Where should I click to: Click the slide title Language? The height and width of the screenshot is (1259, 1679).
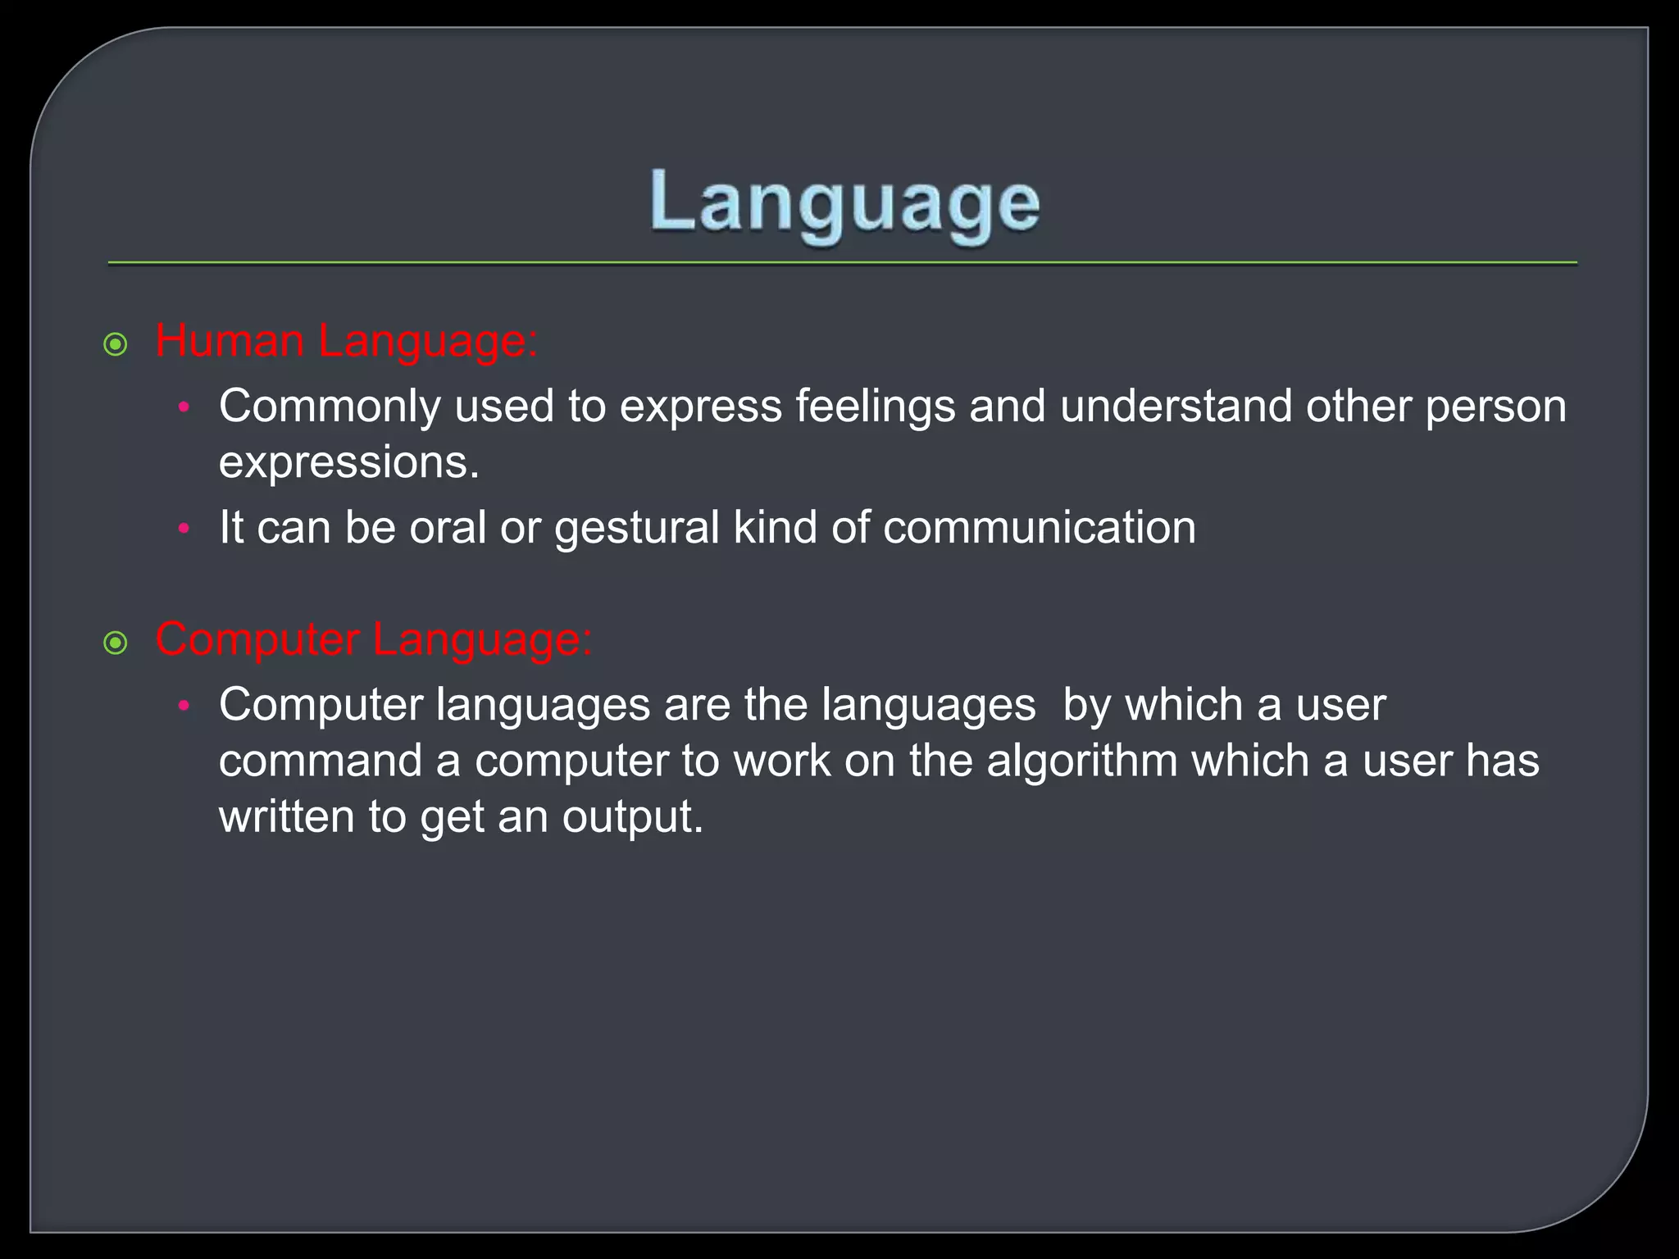coord(844,205)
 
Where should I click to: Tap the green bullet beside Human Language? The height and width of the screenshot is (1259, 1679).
coord(116,345)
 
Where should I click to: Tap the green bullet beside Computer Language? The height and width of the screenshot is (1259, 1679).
coord(116,643)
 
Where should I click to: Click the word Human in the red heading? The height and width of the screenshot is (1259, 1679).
coord(230,340)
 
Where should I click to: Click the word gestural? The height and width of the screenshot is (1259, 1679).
coord(636,528)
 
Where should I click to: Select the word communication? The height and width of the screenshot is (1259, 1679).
coord(1039,528)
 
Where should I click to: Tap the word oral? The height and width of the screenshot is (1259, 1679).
coord(448,528)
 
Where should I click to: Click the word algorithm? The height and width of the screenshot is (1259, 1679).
coord(1082,761)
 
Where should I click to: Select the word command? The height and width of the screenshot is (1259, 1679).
coord(320,761)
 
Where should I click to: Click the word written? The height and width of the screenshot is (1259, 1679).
coord(286,818)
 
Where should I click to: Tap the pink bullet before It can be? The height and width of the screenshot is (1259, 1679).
coord(184,530)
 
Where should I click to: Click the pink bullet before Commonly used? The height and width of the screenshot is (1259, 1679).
coord(184,407)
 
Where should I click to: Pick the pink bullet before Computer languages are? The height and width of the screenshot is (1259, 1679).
coord(184,706)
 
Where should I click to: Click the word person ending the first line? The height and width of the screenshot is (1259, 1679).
coord(1495,407)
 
